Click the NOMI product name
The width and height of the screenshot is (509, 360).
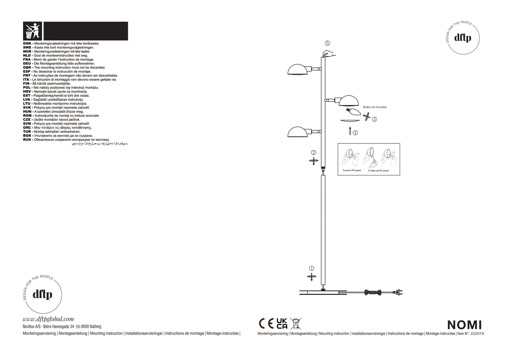(x=464, y=324)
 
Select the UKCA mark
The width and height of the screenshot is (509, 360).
(x=282, y=323)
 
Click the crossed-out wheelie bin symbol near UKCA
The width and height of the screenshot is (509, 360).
(x=296, y=323)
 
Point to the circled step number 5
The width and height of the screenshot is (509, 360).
(x=327, y=43)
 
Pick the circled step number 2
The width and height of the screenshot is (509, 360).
(x=314, y=153)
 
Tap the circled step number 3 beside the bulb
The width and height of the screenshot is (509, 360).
(x=374, y=119)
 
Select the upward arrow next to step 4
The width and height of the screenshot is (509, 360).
(x=350, y=131)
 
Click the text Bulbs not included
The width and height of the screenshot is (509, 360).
(x=374, y=107)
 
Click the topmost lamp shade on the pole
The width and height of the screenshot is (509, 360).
(x=298, y=70)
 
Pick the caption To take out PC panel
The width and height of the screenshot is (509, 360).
(x=378, y=171)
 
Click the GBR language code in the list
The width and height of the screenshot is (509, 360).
(x=27, y=68)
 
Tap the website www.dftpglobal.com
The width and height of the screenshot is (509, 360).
(x=48, y=319)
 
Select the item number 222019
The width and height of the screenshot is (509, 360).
(x=477, y=334)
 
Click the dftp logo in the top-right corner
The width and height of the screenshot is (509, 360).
(x=463, y=37)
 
